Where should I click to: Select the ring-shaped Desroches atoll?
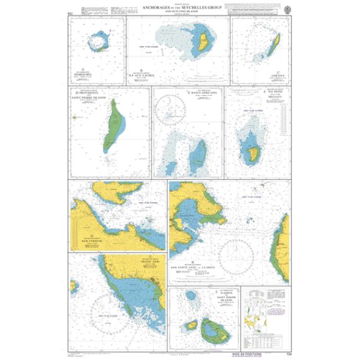click(99, 43)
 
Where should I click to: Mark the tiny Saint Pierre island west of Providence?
click(75, 117)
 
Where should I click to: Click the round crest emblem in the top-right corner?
click(287, 9)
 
